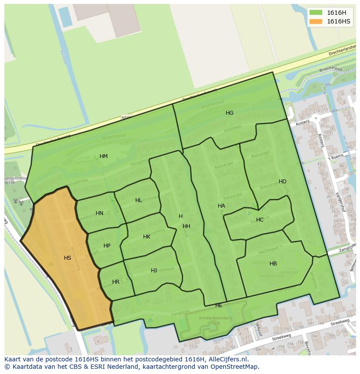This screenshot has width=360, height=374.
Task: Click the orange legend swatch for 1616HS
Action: [316, 21]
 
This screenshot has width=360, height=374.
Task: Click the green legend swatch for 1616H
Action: [316, 13]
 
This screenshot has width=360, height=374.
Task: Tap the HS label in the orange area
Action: [67, 258]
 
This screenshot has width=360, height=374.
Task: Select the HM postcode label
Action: [103, 156]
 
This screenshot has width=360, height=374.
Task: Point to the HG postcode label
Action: [230, 113]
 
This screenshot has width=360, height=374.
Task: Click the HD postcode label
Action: [283, 182]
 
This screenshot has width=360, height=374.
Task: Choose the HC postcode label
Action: [260, 220]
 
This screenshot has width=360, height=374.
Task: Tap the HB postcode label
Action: [273, 264]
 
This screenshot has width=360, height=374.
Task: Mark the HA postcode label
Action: [221, 206]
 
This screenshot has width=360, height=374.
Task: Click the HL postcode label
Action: [138, 200]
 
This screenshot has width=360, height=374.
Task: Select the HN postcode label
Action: [100, 213]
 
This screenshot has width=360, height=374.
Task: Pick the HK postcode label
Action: [147, 237]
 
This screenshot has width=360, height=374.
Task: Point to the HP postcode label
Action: [107, 246]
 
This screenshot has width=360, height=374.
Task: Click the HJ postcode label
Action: [154, 271]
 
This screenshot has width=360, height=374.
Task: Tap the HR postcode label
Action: [116, 282]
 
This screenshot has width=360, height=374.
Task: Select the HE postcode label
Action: [219, 305]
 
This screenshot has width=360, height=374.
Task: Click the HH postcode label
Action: [187, 226]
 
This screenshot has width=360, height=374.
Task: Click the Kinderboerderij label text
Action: [210, 318]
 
